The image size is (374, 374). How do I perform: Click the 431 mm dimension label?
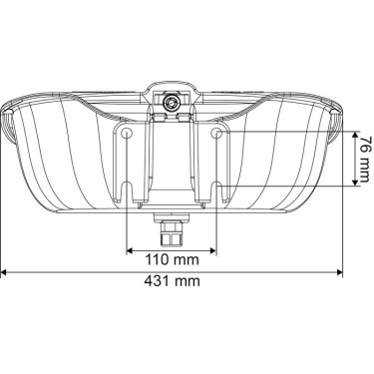(x=171, y=281)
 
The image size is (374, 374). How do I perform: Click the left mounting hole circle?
(x=126, y=133)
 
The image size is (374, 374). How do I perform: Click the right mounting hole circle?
(x=216, y=133)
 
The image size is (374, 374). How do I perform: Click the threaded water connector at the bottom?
(x=172, y=232)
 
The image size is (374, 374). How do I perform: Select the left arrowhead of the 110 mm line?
(x=130, y=246)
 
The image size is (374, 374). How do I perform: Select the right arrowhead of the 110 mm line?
(x=211, y=246)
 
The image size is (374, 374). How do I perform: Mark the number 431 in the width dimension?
(x=157, y=281)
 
